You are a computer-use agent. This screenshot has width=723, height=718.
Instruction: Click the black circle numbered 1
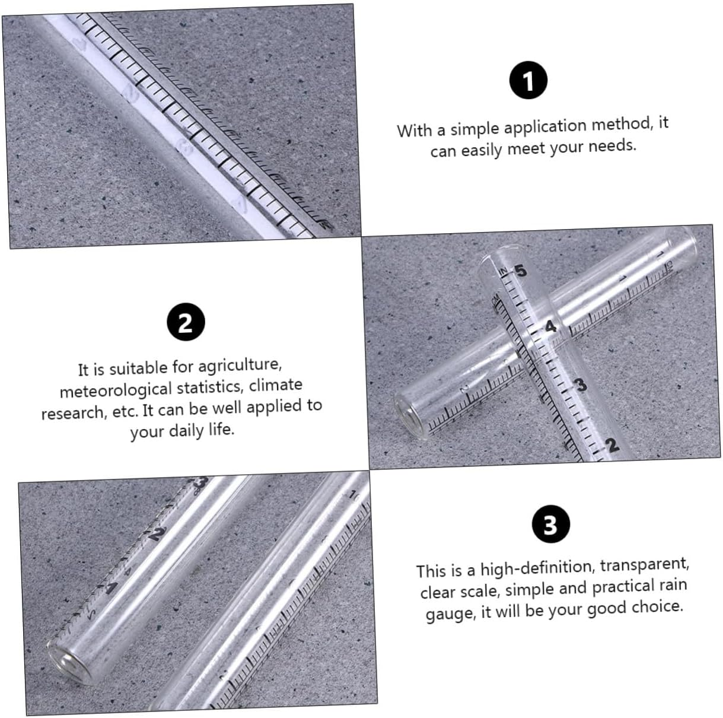(x=528, y=81)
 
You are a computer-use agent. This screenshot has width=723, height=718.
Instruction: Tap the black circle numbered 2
(x=185, y=323)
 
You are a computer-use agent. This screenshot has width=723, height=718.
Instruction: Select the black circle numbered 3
(x=550, y=525)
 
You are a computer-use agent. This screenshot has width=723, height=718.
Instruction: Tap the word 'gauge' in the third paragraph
(x=449, y=612)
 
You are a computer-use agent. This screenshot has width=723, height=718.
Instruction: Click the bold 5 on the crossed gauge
(x=520, y=271)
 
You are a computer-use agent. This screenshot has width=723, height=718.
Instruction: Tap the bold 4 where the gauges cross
(x=551, y=326)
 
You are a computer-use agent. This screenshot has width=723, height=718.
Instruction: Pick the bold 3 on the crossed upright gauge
(x=581, y=385)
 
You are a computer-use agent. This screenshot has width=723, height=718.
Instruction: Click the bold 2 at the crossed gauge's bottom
(x=612, y=445)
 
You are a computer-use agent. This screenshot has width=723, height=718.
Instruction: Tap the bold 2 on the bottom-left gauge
(x=156, y=534)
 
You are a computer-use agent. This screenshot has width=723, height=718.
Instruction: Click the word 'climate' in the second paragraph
(x=276, y=386)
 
